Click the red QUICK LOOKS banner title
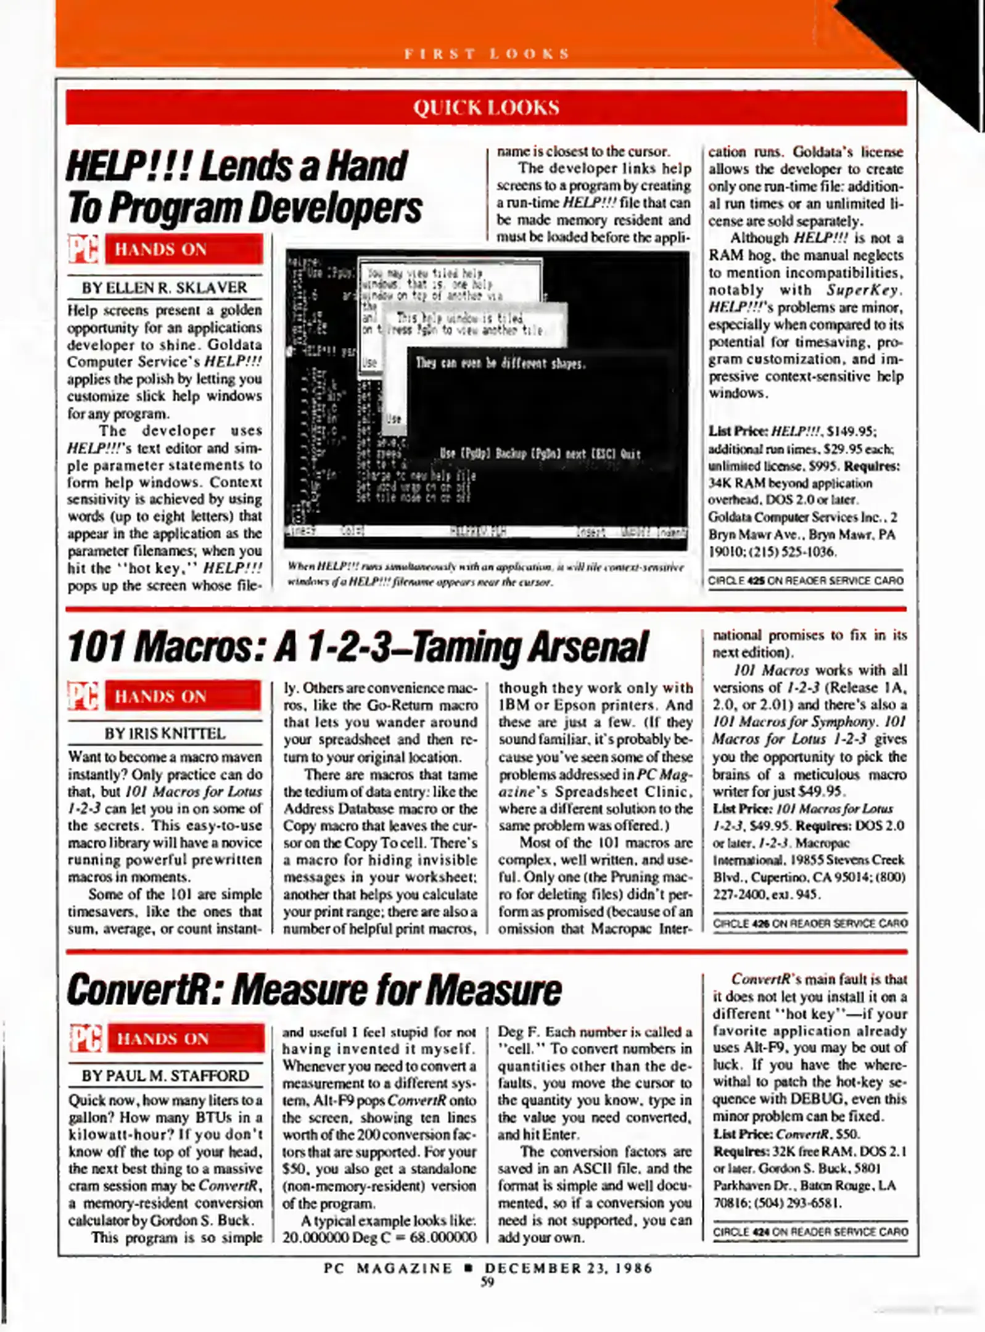486,107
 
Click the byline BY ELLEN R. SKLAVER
164,287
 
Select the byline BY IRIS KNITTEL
165,733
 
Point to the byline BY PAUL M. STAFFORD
165,1075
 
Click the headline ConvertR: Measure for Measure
314,990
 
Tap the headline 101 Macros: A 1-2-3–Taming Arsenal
357,647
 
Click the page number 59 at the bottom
487,1282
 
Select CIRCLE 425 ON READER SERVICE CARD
805,580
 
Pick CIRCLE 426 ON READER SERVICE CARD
810,923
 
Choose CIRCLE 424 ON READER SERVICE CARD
810,1231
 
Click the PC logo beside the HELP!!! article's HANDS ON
83,249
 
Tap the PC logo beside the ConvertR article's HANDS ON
85,1038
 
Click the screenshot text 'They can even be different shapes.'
500,363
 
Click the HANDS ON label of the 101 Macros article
160,696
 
